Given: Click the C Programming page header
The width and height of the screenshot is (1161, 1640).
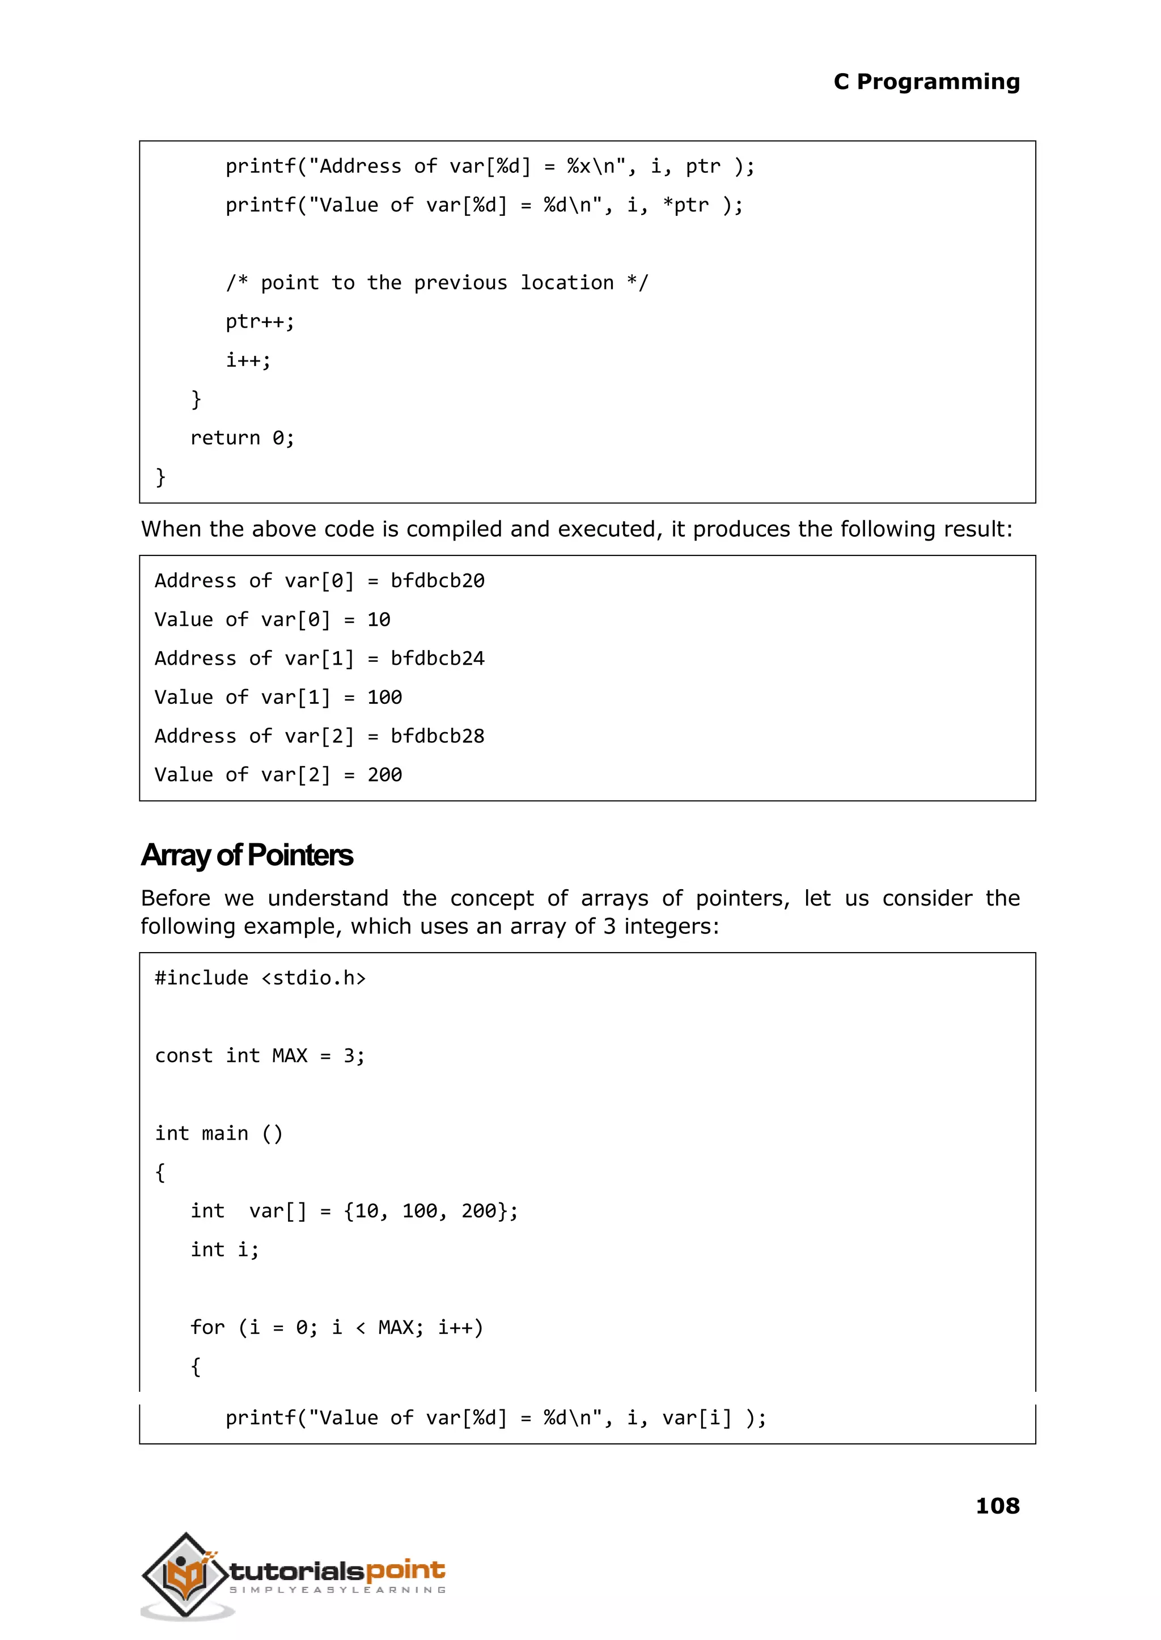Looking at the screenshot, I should point(926,82).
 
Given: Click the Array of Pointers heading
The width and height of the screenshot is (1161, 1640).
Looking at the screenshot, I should point(247,855).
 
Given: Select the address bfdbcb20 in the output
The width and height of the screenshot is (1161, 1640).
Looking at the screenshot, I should point(437,581).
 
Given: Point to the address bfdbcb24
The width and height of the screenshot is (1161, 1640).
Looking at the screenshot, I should point(437,659).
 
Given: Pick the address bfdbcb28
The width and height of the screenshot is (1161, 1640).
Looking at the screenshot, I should point(437,737).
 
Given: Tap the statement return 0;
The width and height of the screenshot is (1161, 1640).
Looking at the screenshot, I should point(241,438).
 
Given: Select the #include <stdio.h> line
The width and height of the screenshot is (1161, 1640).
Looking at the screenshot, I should point(260,978).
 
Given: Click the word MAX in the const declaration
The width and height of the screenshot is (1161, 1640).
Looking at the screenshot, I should point(290,1056).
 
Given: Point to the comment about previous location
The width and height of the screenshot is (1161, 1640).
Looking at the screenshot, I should point(437,283).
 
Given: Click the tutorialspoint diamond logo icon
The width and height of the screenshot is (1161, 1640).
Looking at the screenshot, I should point(185,1574).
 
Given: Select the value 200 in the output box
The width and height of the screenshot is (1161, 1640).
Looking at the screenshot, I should point(384,775).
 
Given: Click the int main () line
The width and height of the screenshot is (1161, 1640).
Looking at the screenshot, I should point(219,1134).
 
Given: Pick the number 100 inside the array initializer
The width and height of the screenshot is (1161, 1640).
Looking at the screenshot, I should point(420,1211).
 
